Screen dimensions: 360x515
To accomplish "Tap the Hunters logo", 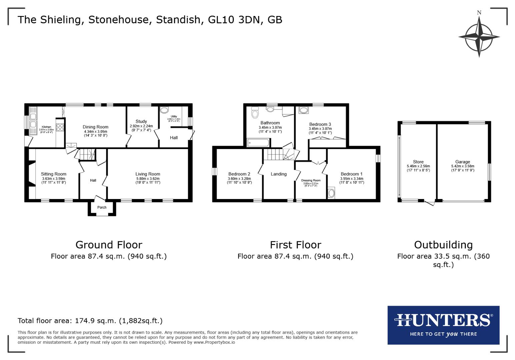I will coord(443,325).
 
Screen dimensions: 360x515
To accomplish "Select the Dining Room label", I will coord(95,127).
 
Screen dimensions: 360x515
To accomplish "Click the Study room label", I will coord(141,122).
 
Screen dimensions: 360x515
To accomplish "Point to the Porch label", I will coord(102,207).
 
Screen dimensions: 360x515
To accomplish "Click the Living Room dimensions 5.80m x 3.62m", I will coord(148,179).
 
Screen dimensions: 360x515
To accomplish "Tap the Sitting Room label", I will coord(54,174).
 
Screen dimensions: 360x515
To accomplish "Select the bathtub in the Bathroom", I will coord(258,143).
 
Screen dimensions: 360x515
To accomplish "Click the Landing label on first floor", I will coord(279,174).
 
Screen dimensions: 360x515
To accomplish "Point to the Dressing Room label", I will coord(311,180).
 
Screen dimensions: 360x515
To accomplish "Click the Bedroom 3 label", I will coord(320,124).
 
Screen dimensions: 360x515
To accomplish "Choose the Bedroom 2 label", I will coord(239,174).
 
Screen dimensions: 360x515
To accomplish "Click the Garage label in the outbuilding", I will coord(463,162).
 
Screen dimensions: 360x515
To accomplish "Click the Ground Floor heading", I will coord(109,245).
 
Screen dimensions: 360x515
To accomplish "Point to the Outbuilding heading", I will coord(443,245).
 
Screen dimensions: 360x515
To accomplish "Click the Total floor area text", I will coord(90,321).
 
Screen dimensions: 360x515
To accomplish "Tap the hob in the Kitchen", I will coord(60,127).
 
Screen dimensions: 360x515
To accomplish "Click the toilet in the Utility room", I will coord(164,111).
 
